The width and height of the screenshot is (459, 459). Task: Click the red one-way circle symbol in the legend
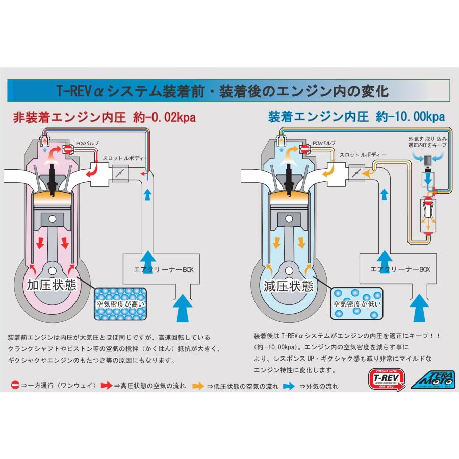15,386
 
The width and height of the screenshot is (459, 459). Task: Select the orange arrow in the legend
198,386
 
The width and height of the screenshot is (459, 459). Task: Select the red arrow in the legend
107,386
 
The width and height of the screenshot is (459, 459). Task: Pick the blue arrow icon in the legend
289,386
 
